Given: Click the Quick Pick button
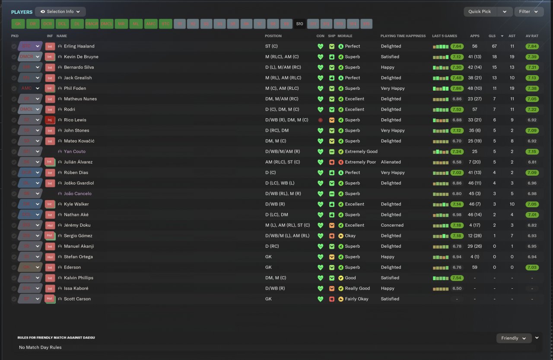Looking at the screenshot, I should (x=480, y=12).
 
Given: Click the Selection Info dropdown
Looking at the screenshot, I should (x=60, y=12).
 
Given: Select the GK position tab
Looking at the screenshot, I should (x=18, y=24).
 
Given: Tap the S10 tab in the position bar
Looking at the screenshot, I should (x=300, y=24).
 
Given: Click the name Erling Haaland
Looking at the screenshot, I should (x=79, y=46).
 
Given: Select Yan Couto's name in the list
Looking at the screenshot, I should (x=75, y=152).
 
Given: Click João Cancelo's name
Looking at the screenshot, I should (x=78, y=194).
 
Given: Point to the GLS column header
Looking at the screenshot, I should (x=492, y=36).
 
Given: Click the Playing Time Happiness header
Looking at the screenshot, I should (x=403, y=36).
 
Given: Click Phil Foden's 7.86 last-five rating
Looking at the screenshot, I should (x=457, y=88).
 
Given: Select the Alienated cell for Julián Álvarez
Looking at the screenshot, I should (x=391, y=162).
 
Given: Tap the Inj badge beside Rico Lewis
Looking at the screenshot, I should (x=50, y=120).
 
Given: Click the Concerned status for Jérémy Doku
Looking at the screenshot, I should (x=392, y=225).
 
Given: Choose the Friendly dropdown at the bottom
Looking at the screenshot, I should (x=513, y=338).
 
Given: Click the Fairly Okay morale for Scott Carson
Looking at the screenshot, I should (x=357, y=299).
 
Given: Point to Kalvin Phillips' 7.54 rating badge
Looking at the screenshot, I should (x=457, y=278).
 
